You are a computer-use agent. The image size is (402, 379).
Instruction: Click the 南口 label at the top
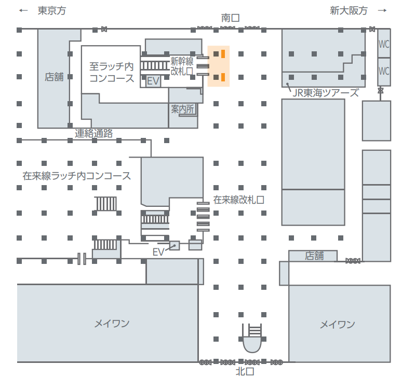[x=230, y=18]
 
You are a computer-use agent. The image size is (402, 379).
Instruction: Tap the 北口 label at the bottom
[x=245, y=371]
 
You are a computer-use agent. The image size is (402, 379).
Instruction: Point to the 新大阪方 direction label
[x=349, y=10]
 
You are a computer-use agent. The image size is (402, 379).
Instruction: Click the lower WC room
[x=384, y=70]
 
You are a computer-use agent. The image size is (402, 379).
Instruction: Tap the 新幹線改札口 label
[x=182, y=66]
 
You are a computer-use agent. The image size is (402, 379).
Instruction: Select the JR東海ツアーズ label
[x=326, y=93]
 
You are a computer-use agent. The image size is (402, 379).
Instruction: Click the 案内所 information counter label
[x=182, y=109]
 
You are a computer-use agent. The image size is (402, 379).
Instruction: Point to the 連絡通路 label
[x=94, y=133]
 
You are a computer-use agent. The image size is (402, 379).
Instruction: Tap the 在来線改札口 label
[x=239, y=200]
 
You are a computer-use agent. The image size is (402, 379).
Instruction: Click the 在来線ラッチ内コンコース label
[x=77, y=176]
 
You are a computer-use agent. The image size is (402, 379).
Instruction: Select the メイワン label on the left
[x=112, y=324]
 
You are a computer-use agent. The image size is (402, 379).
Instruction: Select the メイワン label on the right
[x=337, y=325]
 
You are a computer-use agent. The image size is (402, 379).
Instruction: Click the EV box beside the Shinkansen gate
[x=153, y=81]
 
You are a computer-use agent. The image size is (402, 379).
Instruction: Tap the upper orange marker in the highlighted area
[x=223, y=53]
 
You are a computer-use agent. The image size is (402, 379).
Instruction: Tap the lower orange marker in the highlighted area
[x=223, y=78]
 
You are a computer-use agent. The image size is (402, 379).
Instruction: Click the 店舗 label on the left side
[x=54, y=77]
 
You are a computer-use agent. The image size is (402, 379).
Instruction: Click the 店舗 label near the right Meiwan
[x=314, y=256]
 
